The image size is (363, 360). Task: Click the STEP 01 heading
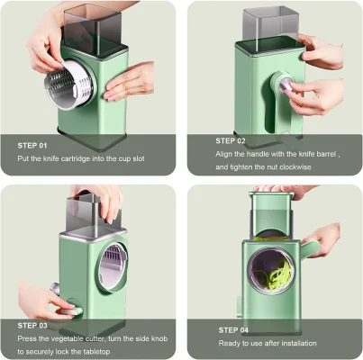[32, 144]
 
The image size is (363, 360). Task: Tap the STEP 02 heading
[230, 140]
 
